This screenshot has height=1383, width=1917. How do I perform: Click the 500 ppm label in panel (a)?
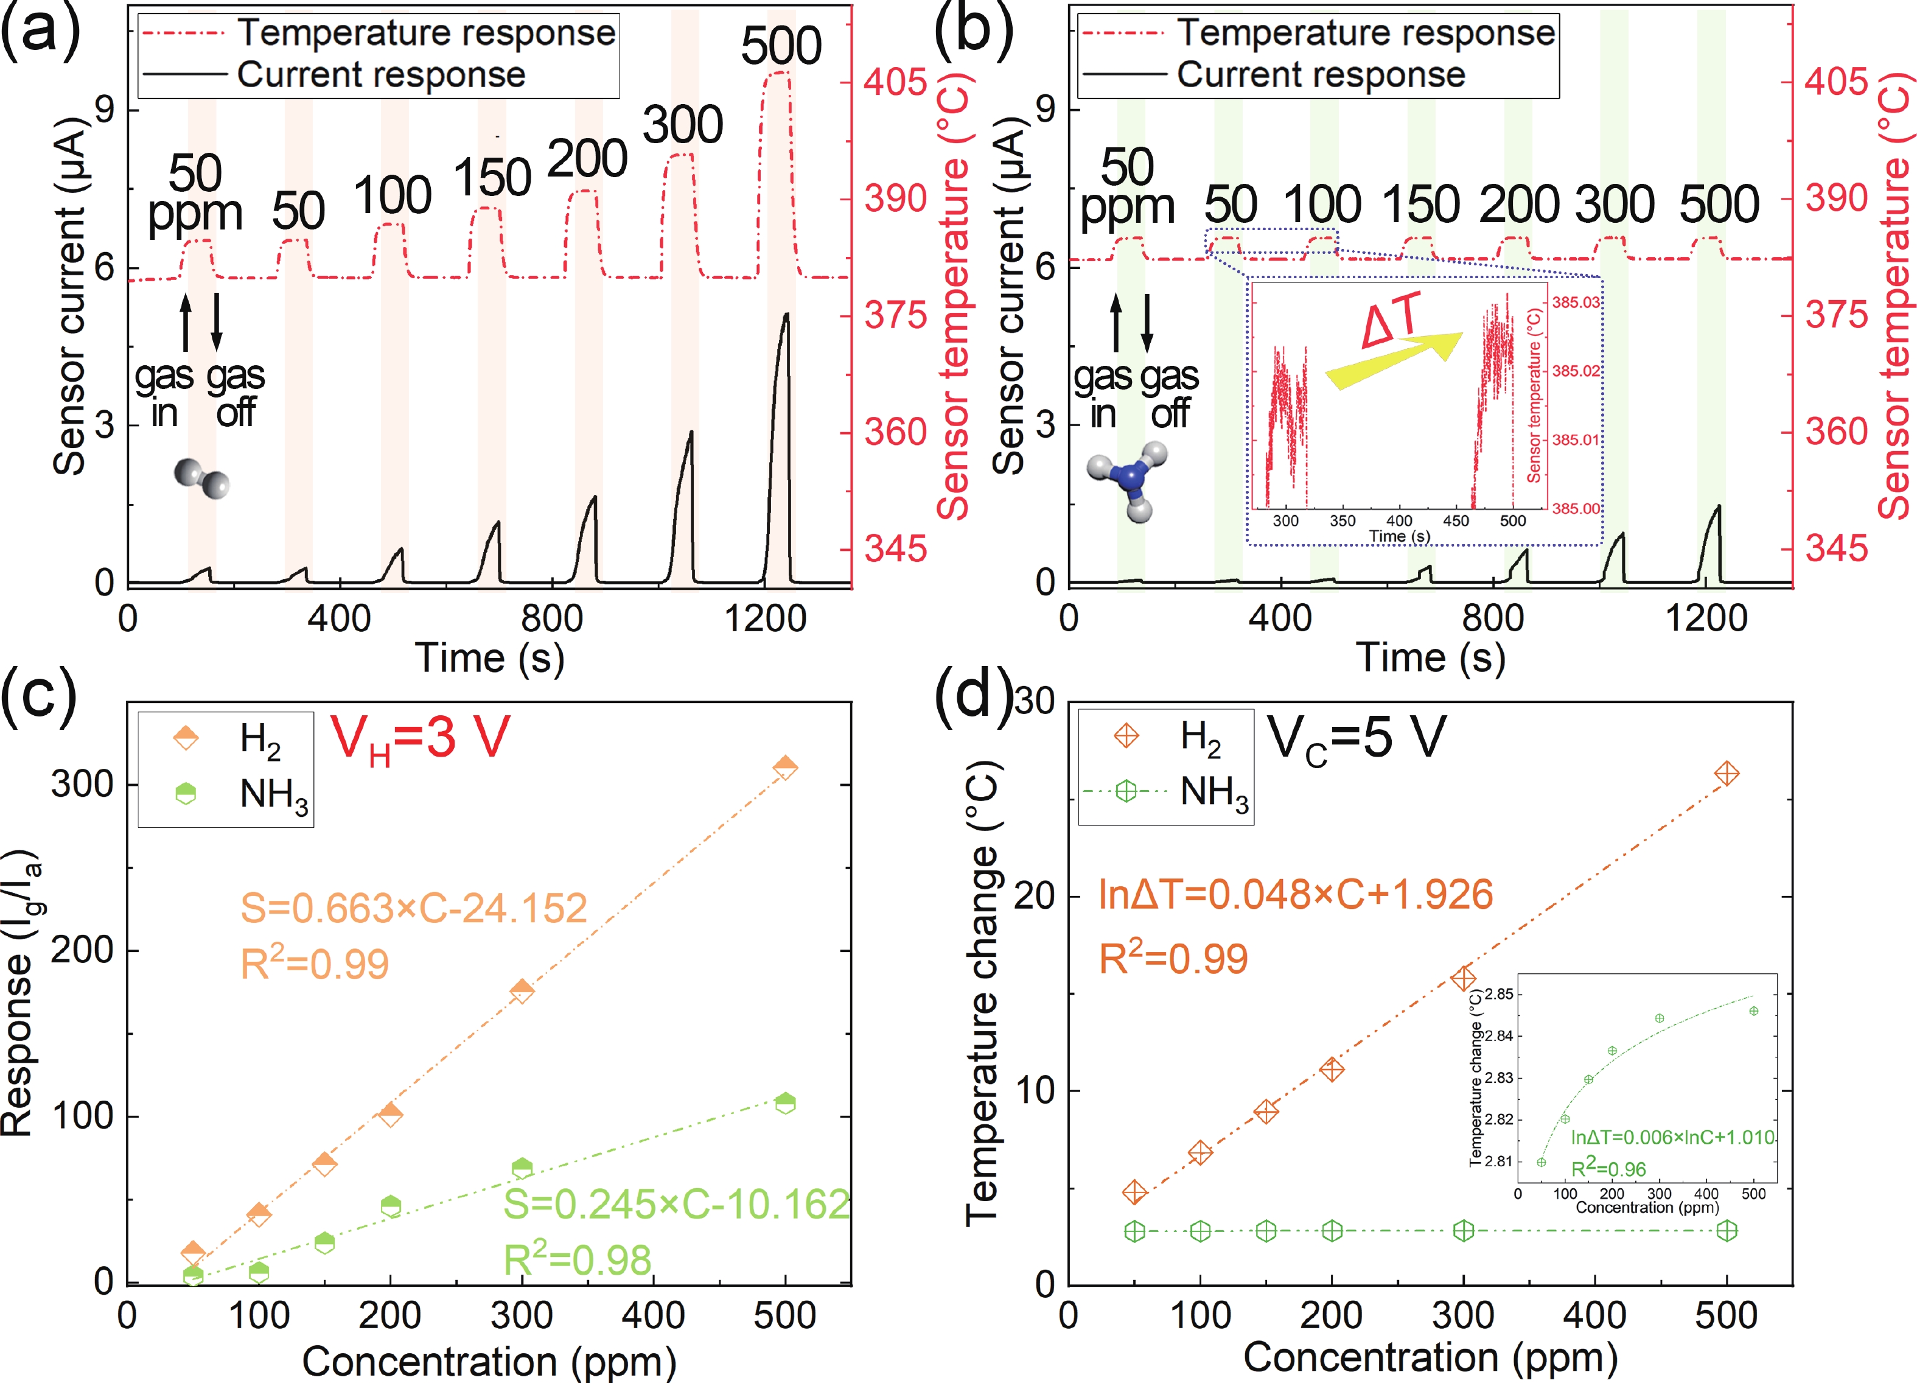click(780, 46)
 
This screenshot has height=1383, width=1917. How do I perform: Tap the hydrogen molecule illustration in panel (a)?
click(201, 478)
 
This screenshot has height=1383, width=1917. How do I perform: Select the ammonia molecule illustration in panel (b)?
click(1128, 478)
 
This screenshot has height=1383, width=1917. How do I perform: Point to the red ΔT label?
click(1392, 321)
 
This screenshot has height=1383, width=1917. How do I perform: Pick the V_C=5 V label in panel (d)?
click(1356, 738)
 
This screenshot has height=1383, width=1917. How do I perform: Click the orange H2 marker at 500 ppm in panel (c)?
click(785, 768)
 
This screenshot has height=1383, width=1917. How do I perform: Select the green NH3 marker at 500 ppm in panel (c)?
click(785, 1102)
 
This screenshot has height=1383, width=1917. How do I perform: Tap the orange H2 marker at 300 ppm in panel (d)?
click(1463, 978)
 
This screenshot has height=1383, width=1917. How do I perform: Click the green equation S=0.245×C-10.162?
click(676, 1205)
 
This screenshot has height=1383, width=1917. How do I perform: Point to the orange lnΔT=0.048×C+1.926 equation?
click(1295, 894)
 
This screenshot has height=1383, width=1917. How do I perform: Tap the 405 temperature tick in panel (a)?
click(894, 82)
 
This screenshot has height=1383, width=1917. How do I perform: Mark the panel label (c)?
click(38, 695)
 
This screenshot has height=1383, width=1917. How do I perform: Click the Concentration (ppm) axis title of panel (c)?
click(489, 1361)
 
